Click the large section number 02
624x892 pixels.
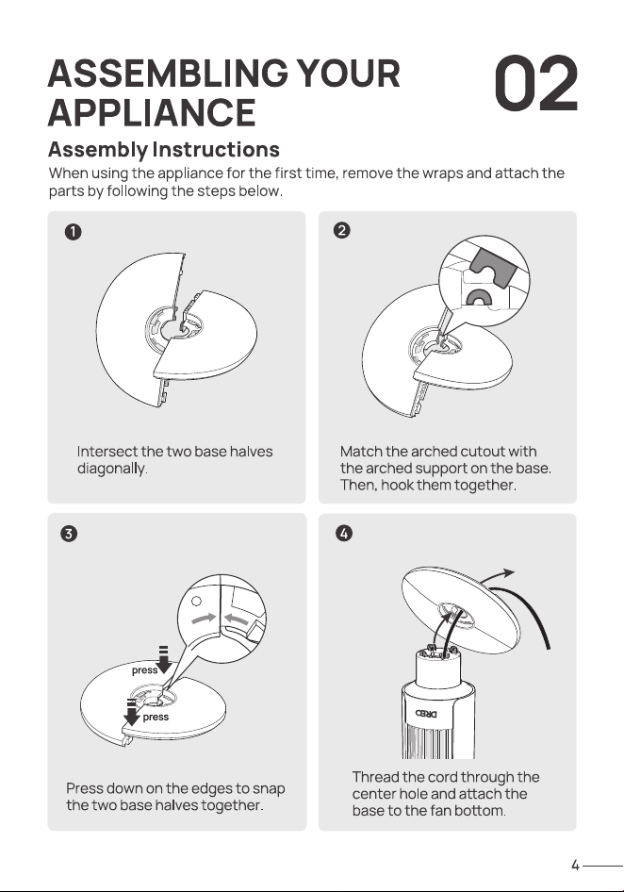click(535, 84)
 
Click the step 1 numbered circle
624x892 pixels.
click(73, 232)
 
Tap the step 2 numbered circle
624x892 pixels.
click(342, 230)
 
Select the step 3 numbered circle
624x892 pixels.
click(69, 535)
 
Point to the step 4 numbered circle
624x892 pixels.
click(344, 534)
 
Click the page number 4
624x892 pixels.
click(575, 866)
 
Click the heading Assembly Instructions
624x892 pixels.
click(164, 150)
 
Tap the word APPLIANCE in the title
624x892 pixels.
click(152, 112)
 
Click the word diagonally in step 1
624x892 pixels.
click(112, 469)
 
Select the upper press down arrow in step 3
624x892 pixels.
click(164, 660)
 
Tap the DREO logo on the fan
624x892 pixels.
click(427, 713)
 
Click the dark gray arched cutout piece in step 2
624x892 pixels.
click(493, 266)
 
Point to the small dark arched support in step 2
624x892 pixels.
click(480, 297)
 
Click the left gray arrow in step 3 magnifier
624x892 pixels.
click(204, 618)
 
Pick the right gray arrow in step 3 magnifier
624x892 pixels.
click(237, 619)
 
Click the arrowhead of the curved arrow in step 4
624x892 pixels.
click(508, 572)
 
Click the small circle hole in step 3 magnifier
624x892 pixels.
click(197, 601)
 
